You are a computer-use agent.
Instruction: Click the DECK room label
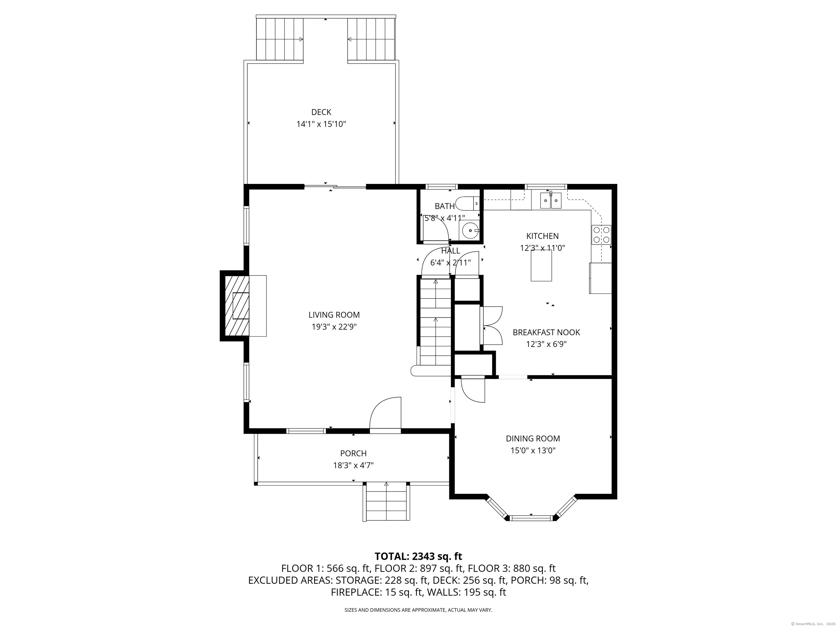[x=321, y=112]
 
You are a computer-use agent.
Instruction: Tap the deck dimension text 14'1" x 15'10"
[x=321, y=124]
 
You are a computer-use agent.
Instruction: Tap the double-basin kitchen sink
[x=551, y=200]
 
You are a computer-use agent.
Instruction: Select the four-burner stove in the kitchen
[x=601, y=235]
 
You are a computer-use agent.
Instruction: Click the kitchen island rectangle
[x=541, y=265]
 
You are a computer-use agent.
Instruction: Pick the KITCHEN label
[x=542, y=236]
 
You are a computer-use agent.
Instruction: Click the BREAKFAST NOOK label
[x=546, y=332]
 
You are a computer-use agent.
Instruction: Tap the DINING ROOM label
[x=533, y=438]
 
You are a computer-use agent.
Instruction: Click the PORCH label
[x=353, y=453]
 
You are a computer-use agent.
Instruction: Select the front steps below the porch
[x=386, y=502]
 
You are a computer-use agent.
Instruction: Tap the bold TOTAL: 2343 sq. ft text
[x=418, y=556]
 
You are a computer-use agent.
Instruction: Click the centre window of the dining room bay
[x=531, y=518]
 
